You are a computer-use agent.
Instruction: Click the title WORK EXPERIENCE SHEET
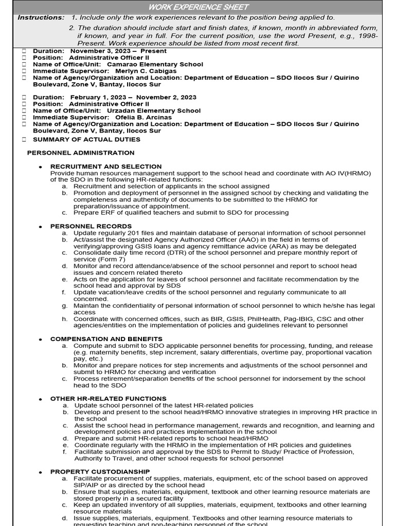198,7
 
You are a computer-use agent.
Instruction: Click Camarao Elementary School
155,64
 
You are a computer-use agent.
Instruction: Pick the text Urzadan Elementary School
154,110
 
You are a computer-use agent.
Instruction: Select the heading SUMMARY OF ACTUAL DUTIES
86,139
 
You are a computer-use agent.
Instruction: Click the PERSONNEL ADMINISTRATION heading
81,153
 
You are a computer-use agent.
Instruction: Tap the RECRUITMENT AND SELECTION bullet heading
106,166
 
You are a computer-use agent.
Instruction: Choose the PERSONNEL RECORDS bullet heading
91,226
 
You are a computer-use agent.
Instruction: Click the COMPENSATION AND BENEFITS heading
106,339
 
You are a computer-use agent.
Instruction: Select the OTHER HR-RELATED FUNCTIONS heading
108,399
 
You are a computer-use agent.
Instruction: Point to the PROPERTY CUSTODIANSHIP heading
100,472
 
